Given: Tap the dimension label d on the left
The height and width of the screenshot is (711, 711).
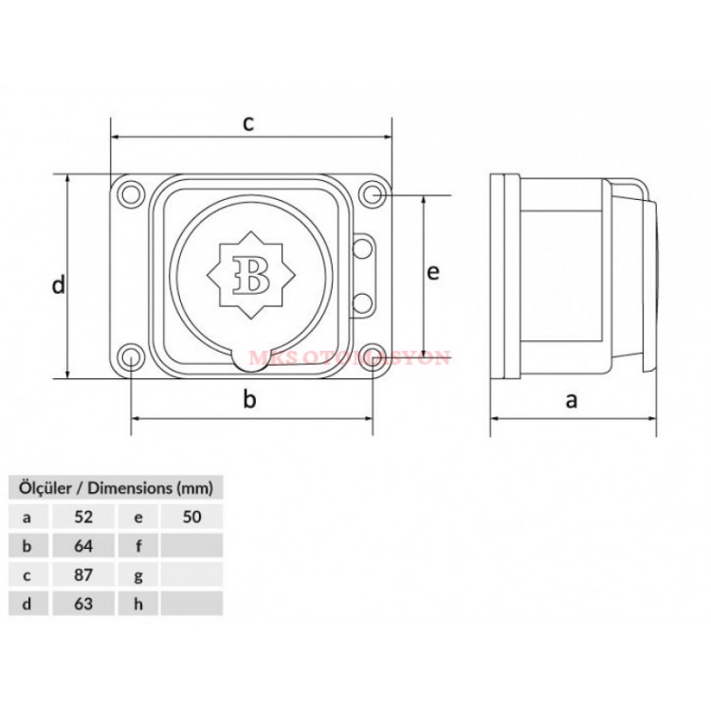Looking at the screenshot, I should tap(59, 283).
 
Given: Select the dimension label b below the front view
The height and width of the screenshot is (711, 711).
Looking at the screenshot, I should tap(249, 400).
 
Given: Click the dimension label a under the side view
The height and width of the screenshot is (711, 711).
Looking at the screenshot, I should tap(572, 400).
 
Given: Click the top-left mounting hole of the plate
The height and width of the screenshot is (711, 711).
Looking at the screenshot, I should tap(128, 195).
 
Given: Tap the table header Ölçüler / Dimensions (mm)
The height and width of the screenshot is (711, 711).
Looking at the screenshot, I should tap(116, 488).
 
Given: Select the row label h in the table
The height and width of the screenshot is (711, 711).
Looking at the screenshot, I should tap(138, 603).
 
